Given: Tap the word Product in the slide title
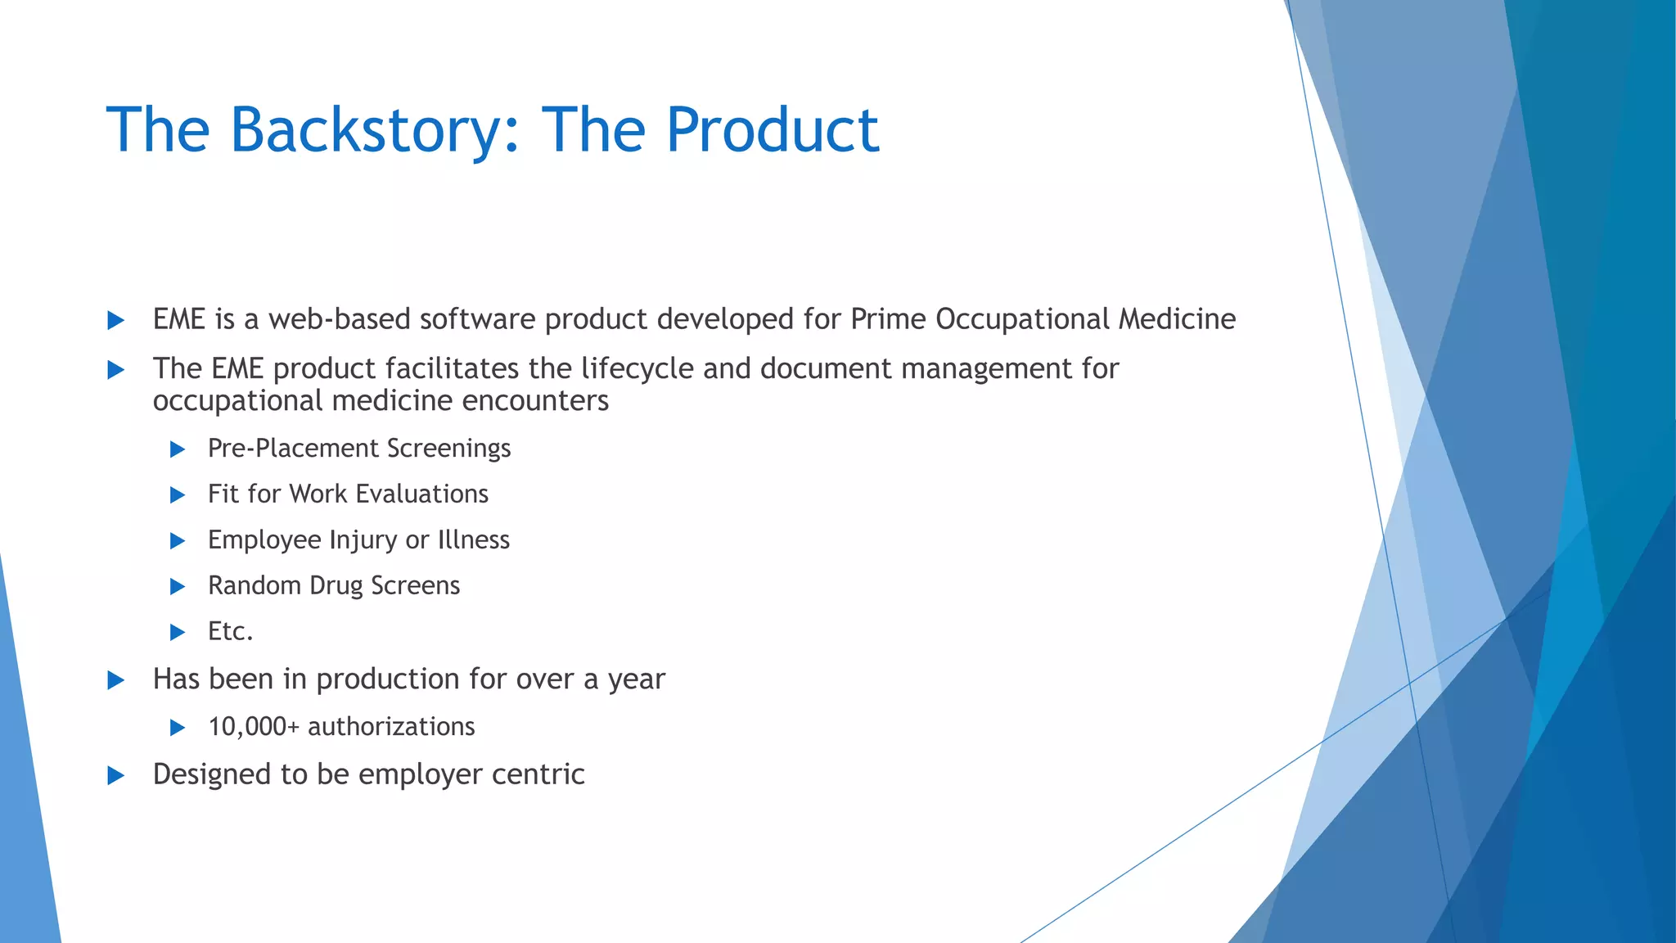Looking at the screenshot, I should pyautogui.click(x=772, y=130).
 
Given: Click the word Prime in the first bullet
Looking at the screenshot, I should pyautogui.click(x=888, y=319).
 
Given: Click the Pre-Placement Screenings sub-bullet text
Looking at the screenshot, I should pyautogui.click(x=358, y=449).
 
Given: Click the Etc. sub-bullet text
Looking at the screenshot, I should pyautogui.click(x=230, y=632).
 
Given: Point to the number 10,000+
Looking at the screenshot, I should pyautogui.click(x=254, y=727).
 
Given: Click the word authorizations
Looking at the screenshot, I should pyautogui.click(x=391, y=727).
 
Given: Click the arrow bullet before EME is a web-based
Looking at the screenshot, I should pyautogui.click(x=116, y=320).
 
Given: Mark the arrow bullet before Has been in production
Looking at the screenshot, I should pyautogui.click(x=116, y=680).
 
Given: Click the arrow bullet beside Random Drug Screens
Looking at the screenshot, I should pyautogui.click(x=178, y=587).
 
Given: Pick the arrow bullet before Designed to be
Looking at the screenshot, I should pyautogui.click(x=116, y=775).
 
